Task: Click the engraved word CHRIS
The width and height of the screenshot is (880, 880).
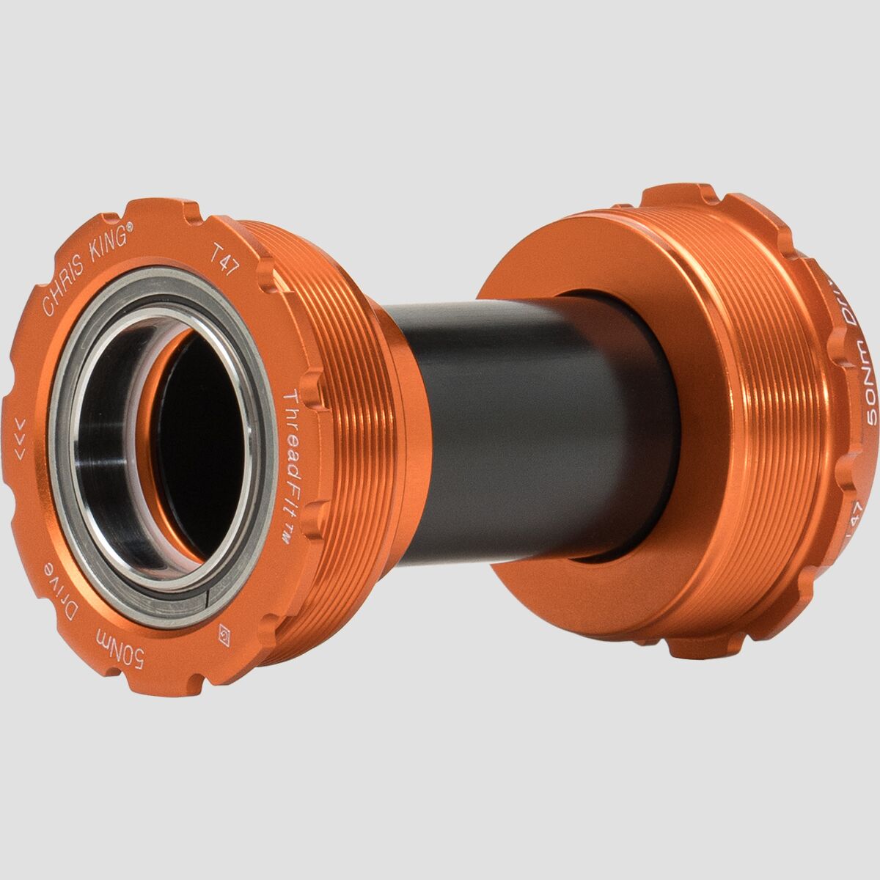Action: click(63, 290)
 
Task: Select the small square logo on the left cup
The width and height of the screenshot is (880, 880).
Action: click(224, 634)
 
